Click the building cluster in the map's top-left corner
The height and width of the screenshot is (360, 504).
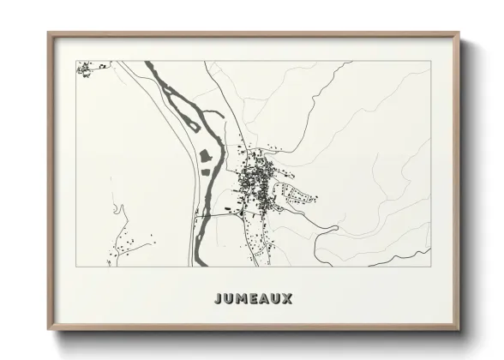[85, 68]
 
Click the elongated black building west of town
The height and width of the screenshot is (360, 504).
[228, 208]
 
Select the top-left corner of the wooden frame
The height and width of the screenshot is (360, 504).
[49, 34]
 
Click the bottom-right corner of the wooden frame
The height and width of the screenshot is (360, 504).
[459, 329]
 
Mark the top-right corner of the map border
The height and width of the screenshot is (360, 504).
[429, 61]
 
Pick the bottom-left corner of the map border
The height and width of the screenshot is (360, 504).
[76, 267]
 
